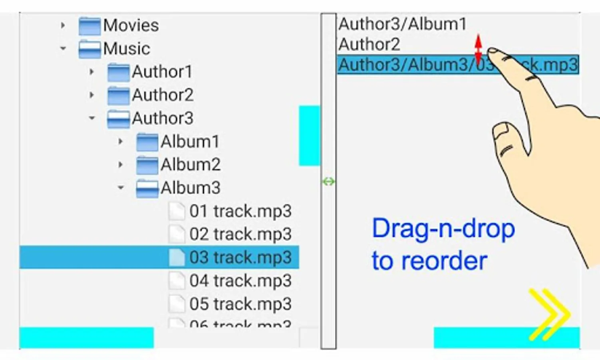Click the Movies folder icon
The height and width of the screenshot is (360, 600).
(x=89, y=26)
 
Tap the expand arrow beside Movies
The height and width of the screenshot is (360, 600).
(x=63, y=26)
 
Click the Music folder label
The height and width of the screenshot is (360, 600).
(x=126, y=49)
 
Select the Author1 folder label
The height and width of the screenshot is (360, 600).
(x=162, y=72)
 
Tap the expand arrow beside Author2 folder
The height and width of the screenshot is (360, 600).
(x=92, y=95)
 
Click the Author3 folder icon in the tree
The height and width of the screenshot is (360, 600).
(x=118, y=119)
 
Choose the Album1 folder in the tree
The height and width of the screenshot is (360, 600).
(x=190, y=142)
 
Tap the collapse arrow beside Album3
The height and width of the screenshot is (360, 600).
(x=121, y=188)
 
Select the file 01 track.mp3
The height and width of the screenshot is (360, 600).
(x=240, y=211)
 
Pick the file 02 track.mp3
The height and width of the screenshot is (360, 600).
(x=240, y=234)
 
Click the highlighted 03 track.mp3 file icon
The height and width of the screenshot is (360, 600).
(x=177, y=257)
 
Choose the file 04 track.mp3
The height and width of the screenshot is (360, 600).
(x=240, y=281)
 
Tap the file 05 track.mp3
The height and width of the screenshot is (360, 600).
(x=240, y=304)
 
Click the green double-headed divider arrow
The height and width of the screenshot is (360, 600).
(x=329, y=182)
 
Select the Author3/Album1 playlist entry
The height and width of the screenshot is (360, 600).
(x=402, y=24)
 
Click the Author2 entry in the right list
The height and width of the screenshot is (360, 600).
(x=369, y=44)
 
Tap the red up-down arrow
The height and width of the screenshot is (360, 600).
(x=478, y=50)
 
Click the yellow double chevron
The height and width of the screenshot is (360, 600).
(x=549, y=314)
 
